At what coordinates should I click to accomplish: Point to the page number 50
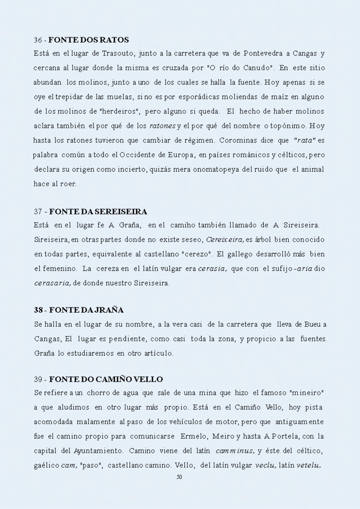click(x=179, y=477)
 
